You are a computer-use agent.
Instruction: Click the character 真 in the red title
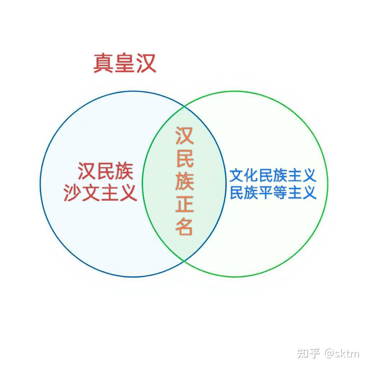(x=104, y=63)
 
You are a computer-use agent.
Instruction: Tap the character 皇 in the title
(x=125, y=63)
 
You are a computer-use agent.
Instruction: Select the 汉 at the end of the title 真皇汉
(x=146, y=63)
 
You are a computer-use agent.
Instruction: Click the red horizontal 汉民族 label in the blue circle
(x=106, y=171)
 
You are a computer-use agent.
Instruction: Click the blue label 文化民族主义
(x=273, y=175)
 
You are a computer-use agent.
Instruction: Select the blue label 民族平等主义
(x=273, y=192)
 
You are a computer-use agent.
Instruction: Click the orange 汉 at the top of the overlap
(x=184, y=136)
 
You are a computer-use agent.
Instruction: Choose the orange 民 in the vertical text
(x=184, y=158)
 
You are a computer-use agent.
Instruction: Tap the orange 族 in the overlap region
(x=184, y=181)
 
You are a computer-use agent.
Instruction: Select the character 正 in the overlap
(x=184, y=204)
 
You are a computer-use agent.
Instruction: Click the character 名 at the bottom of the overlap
(x=184, y=227)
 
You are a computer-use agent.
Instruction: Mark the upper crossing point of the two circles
(x=184, y=107)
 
